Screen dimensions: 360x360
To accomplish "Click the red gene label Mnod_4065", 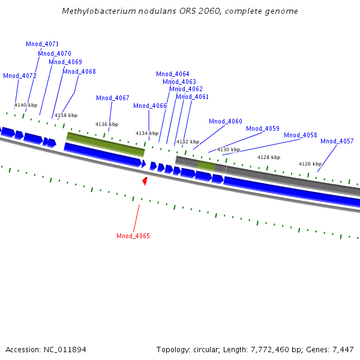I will pos(133,236).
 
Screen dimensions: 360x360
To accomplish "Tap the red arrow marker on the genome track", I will pos(145,181).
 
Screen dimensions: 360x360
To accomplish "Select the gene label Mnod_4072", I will pos(20,76).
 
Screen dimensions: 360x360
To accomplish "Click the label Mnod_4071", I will pos(43,44).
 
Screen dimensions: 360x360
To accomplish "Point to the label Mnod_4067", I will pos(113,98).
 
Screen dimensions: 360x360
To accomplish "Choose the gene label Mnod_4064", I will pos(173,74).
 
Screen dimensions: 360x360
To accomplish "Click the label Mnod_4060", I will pos(226,121).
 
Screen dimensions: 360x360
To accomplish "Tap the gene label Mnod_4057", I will pos(337,141).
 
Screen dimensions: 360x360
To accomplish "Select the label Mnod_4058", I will pos(301,135).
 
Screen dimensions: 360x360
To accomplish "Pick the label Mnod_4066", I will pos(150,106).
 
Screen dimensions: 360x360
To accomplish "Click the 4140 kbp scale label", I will pos(26,105).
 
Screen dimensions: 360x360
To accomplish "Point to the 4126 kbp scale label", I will pos(310,164).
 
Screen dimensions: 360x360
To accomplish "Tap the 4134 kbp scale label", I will pos(147,133).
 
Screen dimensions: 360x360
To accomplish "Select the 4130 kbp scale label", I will pos(229,149).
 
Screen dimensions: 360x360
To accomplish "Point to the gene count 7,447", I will pos(343,349).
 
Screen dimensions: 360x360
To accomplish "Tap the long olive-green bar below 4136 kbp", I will pos(106,145).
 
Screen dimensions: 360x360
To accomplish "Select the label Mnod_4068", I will pos(79,71).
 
